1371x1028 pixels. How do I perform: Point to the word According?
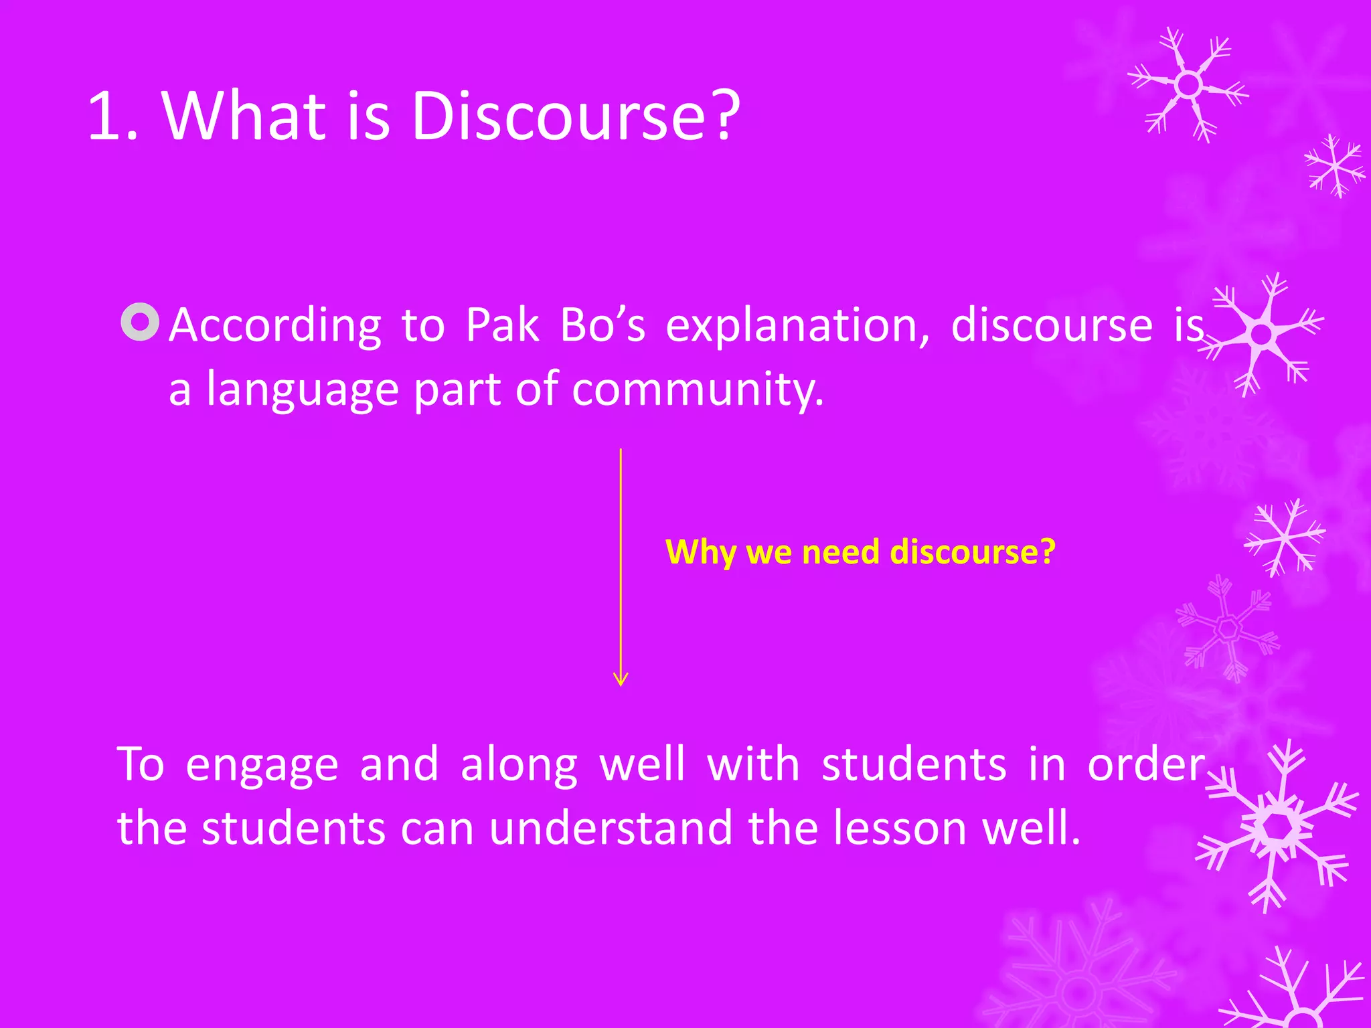(x=274, y=326)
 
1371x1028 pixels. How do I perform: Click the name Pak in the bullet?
(x=502, y=326)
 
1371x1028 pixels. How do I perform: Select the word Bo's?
(x=602, y=326)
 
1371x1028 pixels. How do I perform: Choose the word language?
(x=303, y=390)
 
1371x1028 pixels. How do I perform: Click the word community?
(x=697, y=390)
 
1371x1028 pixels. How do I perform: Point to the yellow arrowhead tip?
(x=621, y=684)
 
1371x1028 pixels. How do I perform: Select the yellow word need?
(x=841, y=553)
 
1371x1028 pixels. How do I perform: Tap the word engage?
(x=262, y=766)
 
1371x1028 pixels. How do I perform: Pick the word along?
(x=519, y=764)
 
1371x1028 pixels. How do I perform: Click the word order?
(x=1145, y=764)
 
